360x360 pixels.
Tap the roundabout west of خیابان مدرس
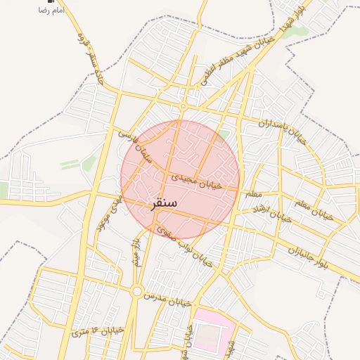(x=136, y=290)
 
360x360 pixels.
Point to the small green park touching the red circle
(x=224, y=134)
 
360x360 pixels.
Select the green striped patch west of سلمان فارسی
(x=70, y=164)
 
